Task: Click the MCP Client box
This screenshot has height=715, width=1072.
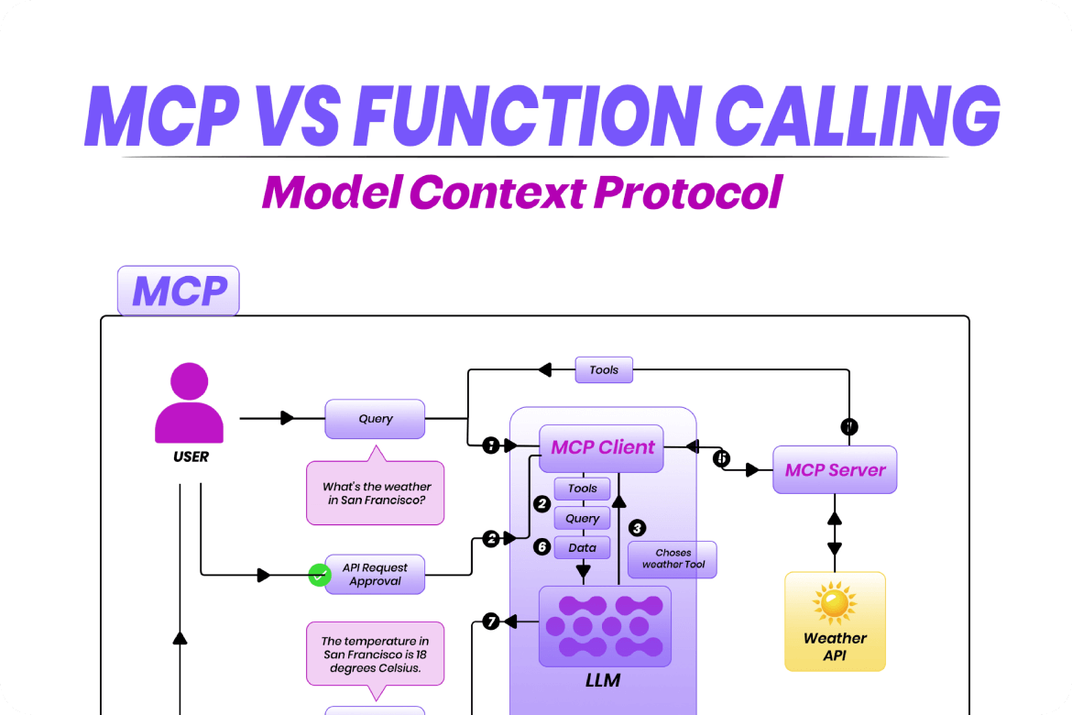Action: point(601,448)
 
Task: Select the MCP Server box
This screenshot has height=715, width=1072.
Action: point(835,470)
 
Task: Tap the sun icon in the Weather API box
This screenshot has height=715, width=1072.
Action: point(834,603)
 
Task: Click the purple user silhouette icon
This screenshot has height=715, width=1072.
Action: point(190,403)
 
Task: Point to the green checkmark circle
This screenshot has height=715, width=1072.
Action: point(319,575)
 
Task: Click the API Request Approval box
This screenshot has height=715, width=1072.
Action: point(375,574)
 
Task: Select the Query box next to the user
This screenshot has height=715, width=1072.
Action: point(375,419)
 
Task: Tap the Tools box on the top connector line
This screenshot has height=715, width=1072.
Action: point(604,370)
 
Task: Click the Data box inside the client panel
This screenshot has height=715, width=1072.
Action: point(582,547)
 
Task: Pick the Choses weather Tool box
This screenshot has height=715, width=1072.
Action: point(673,560)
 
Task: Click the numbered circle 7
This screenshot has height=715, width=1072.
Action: point(491,621)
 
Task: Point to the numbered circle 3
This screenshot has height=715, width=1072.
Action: point(637,527)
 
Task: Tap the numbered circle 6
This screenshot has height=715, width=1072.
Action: point(541,546)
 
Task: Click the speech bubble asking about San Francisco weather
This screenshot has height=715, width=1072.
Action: point(376,488)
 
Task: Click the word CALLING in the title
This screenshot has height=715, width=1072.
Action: point(858,116)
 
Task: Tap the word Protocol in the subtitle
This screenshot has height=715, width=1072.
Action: point(688,192)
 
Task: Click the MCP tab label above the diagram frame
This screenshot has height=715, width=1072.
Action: point(179,291)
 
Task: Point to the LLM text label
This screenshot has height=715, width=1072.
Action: point(603,680)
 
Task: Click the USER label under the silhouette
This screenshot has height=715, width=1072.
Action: point(191,456)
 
